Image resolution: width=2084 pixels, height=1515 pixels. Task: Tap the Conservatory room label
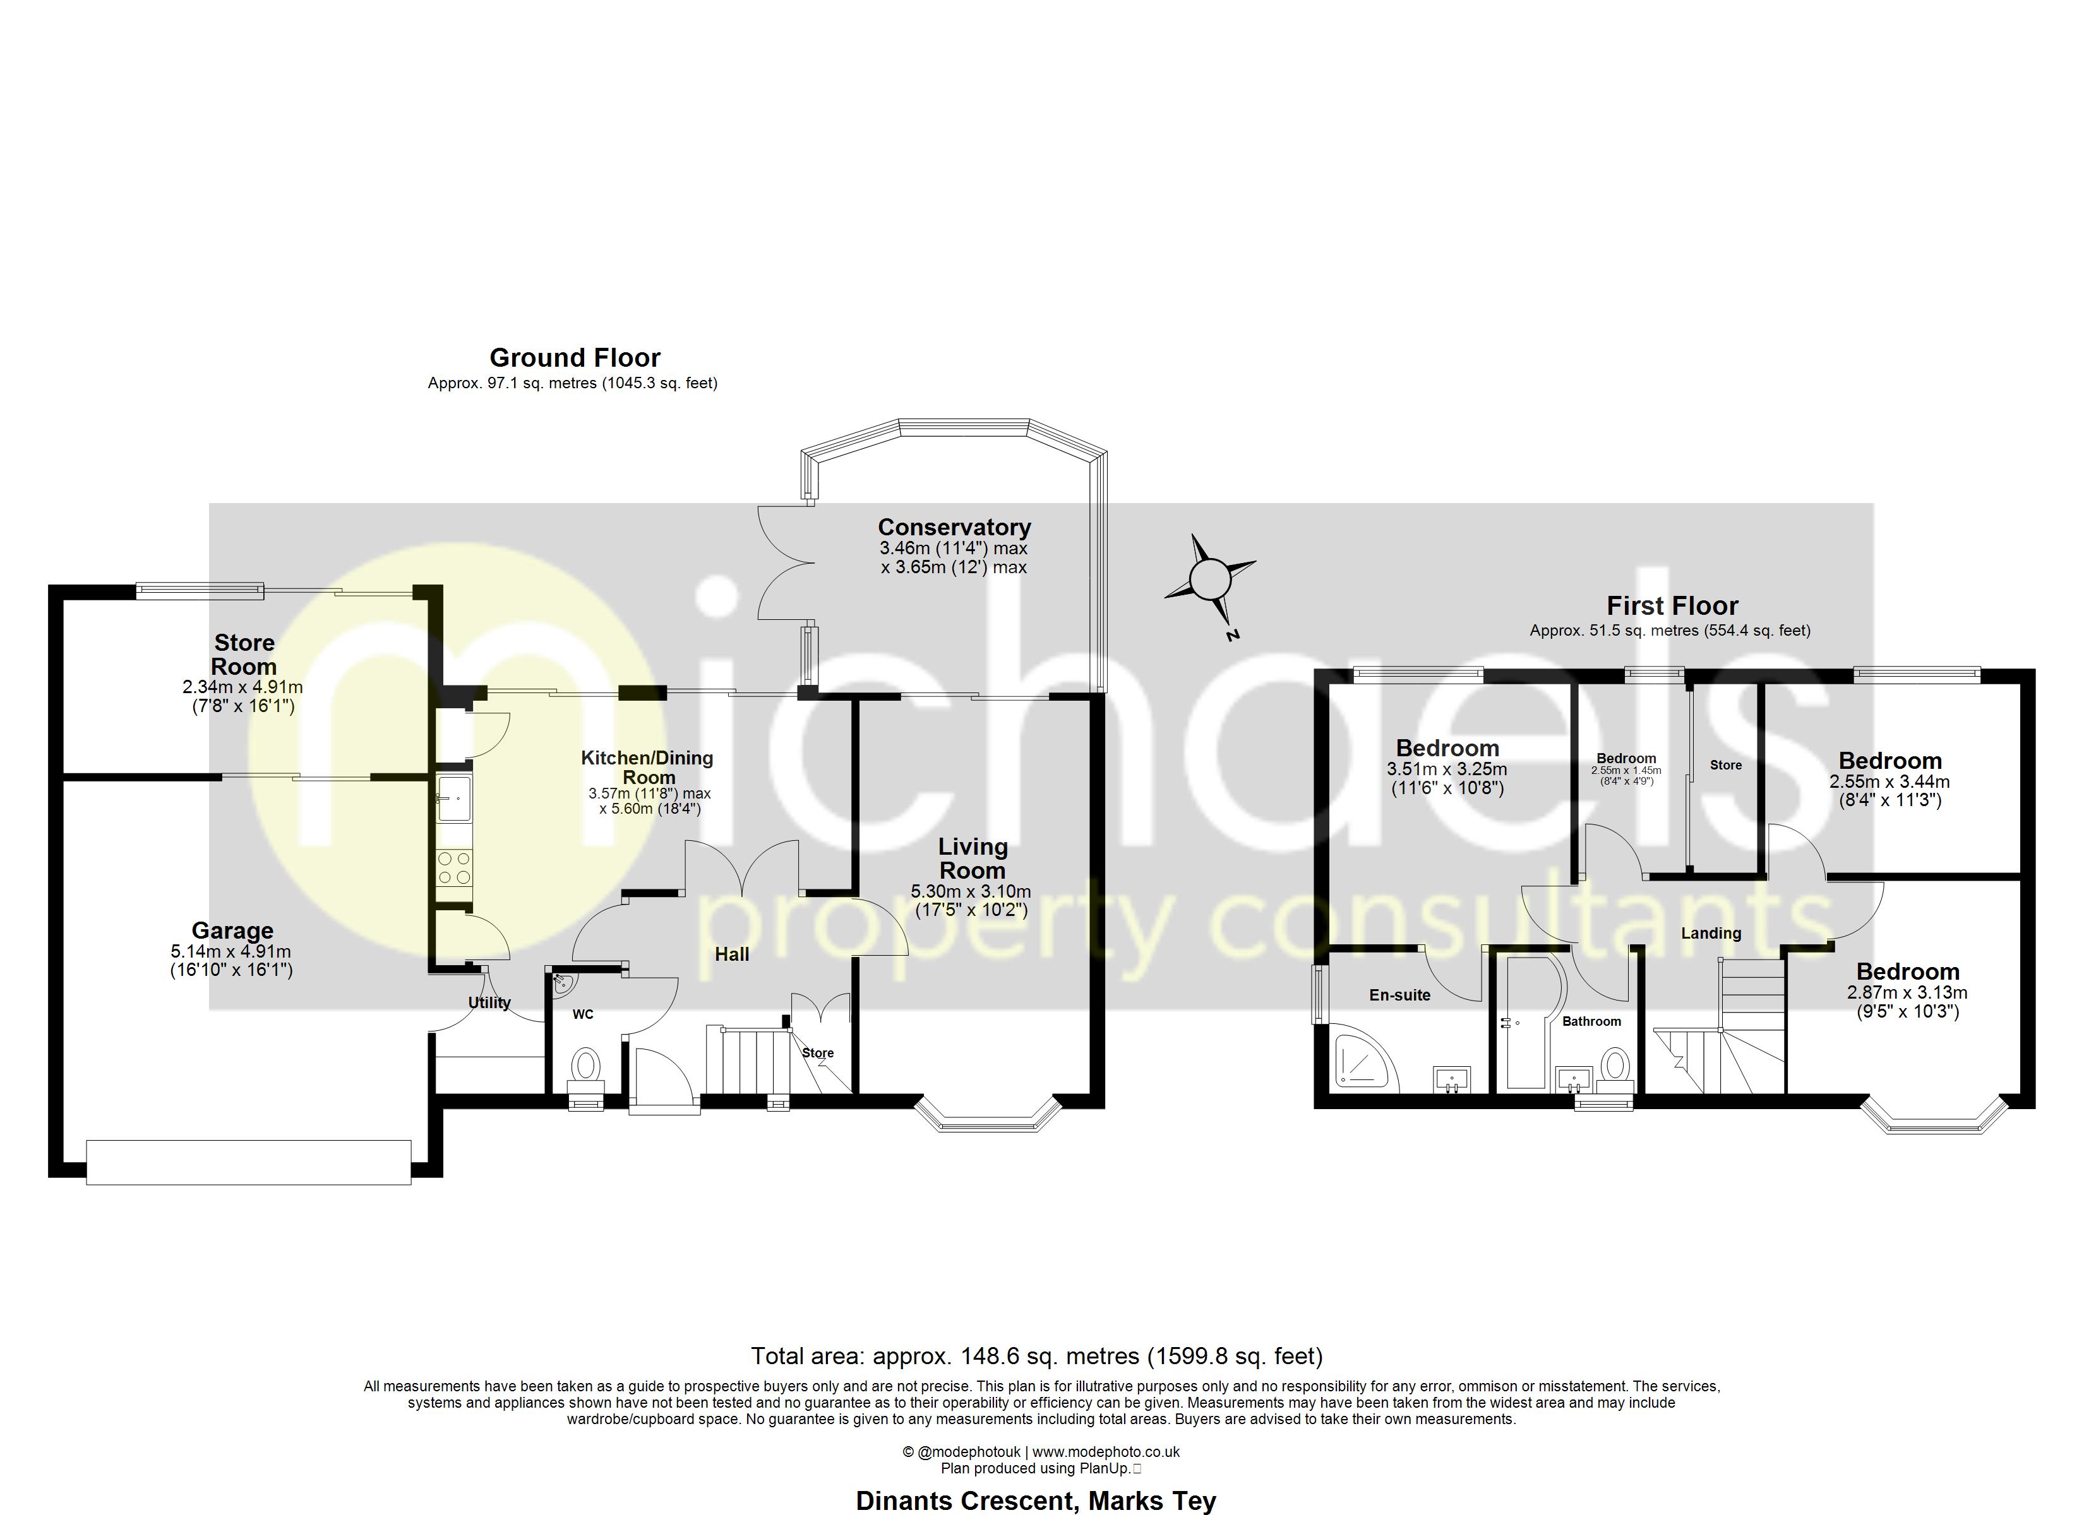click(x=954, y=527)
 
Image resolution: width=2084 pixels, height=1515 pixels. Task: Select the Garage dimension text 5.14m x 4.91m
click(x=231, y=952)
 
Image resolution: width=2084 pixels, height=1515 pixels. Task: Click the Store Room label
click(x=244, y=654)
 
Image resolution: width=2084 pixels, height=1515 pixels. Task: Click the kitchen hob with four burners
click(x=454, y=868)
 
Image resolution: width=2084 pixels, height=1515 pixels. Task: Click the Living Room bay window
click(x=988, y=1120)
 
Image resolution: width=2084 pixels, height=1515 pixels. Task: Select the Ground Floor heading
click(x=574, y=357)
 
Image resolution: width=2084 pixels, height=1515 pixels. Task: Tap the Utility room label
click(x=489, y=1002)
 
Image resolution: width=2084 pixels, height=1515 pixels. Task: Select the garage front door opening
click(x=248, y=1162)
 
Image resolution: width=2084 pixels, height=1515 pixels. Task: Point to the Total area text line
click(x=1036, y=1355)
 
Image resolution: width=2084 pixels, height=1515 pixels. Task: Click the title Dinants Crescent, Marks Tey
click(x=1036, y=1500)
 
